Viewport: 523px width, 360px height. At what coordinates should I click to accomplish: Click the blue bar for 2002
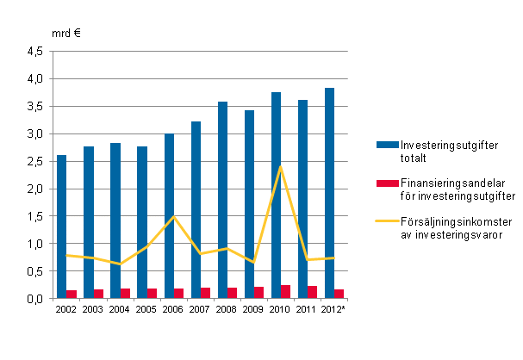pos(62,227)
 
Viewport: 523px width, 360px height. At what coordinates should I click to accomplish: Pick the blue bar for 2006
pos(169,216)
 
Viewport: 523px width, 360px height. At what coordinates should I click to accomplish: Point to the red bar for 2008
pos(232,293)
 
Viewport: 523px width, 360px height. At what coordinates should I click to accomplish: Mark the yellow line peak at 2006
pos(174,217)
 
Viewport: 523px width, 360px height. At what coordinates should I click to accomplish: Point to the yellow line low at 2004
pos(121,264)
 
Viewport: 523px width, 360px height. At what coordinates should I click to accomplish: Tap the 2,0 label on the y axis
pos(34,189)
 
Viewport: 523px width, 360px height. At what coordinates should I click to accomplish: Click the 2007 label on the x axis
pos(201,309)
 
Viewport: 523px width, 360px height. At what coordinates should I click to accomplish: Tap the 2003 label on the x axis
pos(94,309)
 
